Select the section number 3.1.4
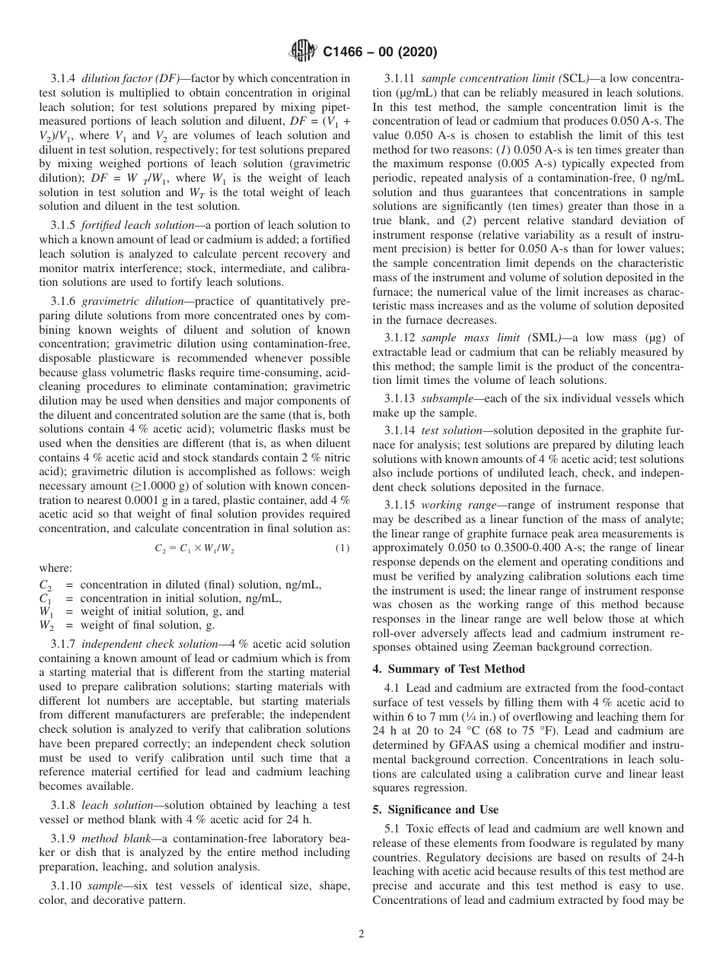click(65, 78)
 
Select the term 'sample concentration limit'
click(476, 78)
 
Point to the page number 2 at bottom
click(361, 934)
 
